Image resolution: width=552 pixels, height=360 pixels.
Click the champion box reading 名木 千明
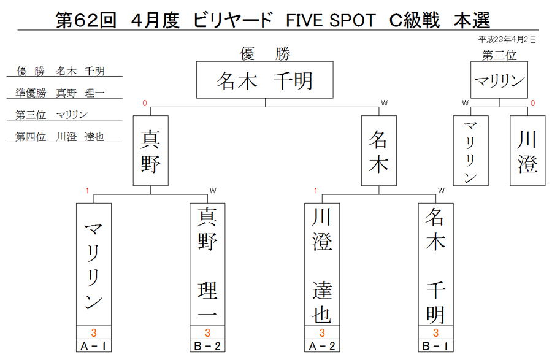265,80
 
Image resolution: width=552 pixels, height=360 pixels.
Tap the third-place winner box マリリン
499,80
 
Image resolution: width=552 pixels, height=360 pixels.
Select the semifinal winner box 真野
151,151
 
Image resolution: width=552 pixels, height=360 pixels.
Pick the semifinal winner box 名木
379,151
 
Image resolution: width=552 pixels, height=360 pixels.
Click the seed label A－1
94,346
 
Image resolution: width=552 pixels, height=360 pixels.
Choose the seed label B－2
207,346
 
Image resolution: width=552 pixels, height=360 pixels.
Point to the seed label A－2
322,346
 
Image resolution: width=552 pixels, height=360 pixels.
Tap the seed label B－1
436,346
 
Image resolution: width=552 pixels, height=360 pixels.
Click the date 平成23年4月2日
507,39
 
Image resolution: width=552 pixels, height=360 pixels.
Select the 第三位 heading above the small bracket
499,55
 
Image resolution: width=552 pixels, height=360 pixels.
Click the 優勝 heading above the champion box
265,54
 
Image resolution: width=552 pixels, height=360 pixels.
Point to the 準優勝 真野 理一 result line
60,93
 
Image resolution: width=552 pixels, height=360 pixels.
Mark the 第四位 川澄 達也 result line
60,137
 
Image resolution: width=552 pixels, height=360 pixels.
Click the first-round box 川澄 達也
322,264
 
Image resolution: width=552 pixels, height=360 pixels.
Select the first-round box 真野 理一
207,264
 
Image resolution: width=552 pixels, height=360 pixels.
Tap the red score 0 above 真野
145,103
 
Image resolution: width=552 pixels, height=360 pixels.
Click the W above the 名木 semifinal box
385,103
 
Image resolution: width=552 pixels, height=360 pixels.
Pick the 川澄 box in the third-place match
527,151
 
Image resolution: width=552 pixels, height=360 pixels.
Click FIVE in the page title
304,20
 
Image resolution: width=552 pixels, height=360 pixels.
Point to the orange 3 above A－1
94,332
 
